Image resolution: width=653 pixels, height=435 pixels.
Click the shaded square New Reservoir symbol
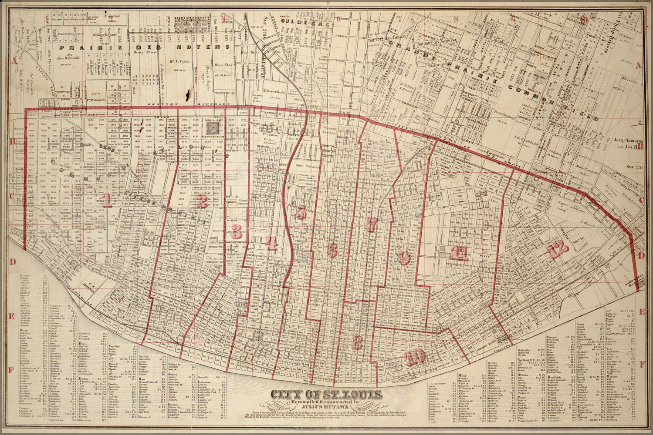coord(213,127)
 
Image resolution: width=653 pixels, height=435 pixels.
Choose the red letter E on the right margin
coord(642,312)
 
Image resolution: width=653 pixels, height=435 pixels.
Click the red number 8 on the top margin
coord(456,19)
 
